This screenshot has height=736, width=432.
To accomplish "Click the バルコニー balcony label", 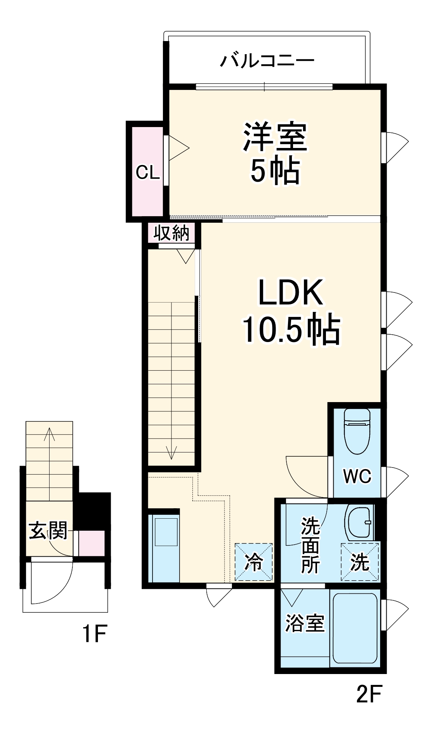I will [267, 61].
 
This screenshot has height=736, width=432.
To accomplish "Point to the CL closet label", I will [147, 172].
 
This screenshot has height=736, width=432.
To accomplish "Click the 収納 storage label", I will [171, 233].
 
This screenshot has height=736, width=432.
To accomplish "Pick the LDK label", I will [290, 292].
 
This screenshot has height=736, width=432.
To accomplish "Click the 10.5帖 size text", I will [291, 330].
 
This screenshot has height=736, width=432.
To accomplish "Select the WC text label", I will [357, 476].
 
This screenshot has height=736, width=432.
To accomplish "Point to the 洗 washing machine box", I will [360, 562].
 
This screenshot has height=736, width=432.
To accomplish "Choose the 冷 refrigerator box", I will [254, 562].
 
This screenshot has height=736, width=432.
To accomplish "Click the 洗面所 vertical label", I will [310, 545].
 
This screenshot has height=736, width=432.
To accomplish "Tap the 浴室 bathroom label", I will [305, 623].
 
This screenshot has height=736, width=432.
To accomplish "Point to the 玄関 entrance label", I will [49, 530].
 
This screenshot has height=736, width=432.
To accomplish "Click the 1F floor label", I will [94, 634].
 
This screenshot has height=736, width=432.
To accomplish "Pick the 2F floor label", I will [369, 694].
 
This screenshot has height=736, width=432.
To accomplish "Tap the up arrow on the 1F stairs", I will [49, 434].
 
